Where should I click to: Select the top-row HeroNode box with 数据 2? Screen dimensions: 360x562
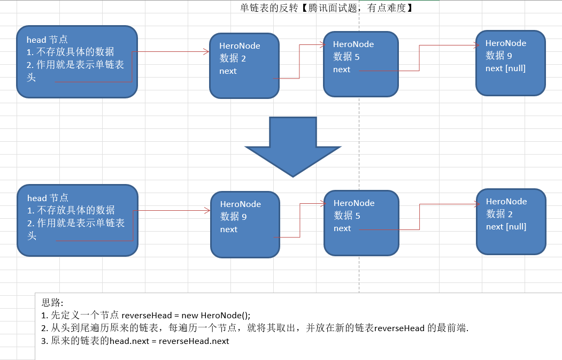tap(244, 66)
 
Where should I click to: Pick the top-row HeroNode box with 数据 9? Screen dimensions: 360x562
tap(510, 63)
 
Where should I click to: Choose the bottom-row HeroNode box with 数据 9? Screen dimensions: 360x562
tap(245, 225)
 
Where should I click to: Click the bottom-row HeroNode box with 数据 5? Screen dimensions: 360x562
tap(361, 223)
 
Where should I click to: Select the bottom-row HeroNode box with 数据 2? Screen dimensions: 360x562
tap(511, 221)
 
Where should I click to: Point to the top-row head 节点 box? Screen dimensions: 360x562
tap(77, 62)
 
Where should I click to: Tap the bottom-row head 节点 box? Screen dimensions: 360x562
tap(78, 220)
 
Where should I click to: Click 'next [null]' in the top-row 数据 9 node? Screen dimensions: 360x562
tap(505, 68)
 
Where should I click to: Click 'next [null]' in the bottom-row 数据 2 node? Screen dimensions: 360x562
tap(506, 227)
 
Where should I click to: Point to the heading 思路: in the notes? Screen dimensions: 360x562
tap(52, 303)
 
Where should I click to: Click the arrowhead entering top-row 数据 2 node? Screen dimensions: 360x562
tap(206, 52)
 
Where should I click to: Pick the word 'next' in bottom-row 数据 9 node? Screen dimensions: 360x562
tap(228, 229)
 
